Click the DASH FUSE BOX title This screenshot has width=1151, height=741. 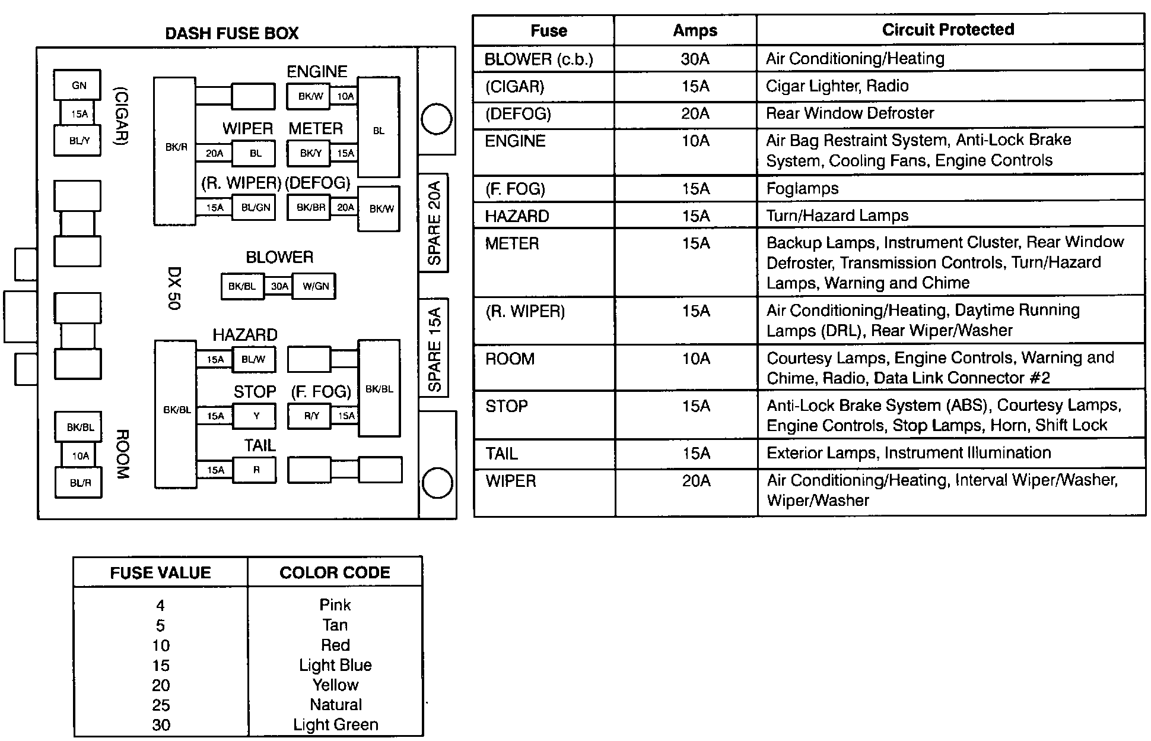(x=231, y=33)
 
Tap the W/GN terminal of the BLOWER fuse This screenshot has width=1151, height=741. (x=315, y=286)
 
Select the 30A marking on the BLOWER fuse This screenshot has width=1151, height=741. (x=279, y=286)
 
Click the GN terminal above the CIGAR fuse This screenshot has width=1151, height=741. (x=78, y=85)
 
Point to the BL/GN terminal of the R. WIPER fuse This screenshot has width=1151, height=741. (x=255, y=208)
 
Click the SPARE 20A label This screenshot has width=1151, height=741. (x=434, y=223)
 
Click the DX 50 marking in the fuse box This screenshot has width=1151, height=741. (x=174, y=288)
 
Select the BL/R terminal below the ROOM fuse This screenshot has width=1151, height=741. (x=80, y=483)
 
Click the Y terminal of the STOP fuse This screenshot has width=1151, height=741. (x=256, y=416)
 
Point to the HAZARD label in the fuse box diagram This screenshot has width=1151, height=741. (x=244, y=335)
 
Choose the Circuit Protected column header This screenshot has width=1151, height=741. (x=947, y=30)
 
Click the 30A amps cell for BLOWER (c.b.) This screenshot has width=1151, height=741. (x=695, y=59)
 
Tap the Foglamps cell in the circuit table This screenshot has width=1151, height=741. (x=802, y=189)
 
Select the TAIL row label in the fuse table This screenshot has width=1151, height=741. (x=501, y=454)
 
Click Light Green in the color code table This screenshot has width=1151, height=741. (x=335, y=725)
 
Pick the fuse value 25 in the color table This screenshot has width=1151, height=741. (x=161, y=705)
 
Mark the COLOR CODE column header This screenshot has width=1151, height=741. (x=335, y=573)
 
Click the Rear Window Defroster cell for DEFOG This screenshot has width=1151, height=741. (x=850, y=113)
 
